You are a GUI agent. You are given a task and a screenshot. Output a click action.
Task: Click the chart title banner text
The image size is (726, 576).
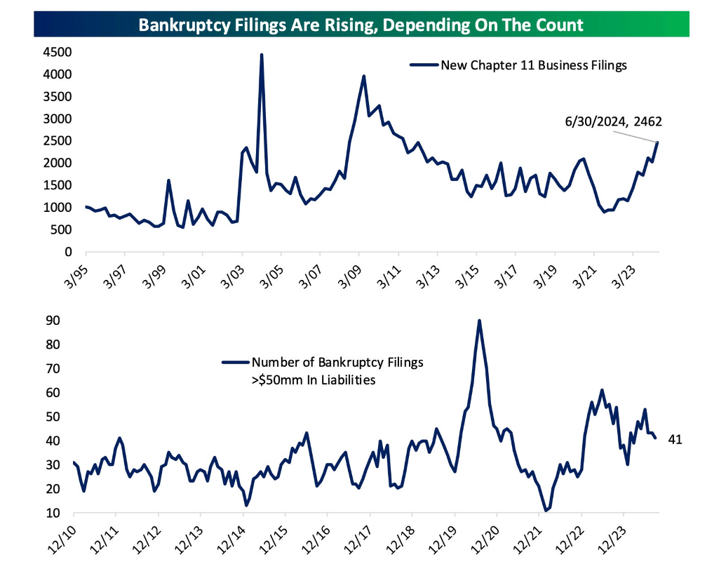(x=361, y=25)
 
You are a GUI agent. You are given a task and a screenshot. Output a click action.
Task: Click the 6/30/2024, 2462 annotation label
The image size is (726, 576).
(x=613, y=121)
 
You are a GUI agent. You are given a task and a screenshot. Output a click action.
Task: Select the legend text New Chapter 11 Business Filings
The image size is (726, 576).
(x=533, y=65)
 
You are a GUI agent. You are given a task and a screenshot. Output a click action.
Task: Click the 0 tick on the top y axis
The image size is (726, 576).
(x=68, y=252)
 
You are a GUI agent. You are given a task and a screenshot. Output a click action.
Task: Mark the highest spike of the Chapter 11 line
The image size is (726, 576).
(x=262, y=55)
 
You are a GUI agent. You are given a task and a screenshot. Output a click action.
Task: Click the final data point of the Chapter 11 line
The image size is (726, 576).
(x=658, y=142)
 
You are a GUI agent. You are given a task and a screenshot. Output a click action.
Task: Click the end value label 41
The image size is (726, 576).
(x=675, y=440)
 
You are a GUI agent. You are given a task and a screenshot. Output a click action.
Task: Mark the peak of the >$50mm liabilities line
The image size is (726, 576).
(x=479, y=321)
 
